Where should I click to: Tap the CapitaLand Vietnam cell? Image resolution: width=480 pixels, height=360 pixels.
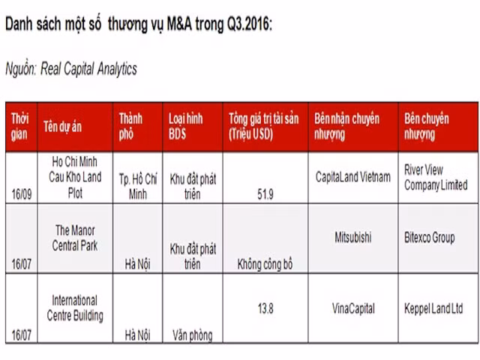(354, 177)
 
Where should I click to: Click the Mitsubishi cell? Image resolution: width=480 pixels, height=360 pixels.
(353, 238)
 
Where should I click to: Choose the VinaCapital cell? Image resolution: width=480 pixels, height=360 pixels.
(353, 308)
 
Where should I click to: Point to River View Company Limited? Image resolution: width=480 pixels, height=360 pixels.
(435, 177)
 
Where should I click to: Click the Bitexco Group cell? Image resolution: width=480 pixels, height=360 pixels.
(429, 238)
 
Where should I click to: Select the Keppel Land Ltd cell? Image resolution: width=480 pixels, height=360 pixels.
(433, 308)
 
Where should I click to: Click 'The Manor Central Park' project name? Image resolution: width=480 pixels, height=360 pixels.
(75, 237)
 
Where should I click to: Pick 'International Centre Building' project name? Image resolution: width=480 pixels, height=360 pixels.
(75, 307)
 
